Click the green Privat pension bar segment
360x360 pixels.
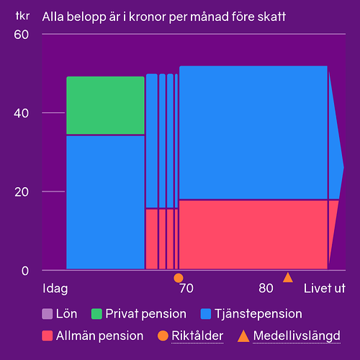coord(105,105)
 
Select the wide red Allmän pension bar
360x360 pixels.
coord(253,235)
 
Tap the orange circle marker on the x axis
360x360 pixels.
coord(179,278)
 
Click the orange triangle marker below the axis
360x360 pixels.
coord(288,277)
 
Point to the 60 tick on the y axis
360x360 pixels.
coord(22,35)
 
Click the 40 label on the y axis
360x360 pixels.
coord(22,113)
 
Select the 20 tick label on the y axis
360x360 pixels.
coord(22,192)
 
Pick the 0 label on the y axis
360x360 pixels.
coord(25,271)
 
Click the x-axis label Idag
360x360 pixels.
coord(55,289)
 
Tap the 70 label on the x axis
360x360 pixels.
coord(186,288)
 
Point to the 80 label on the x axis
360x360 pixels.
coord(266,288)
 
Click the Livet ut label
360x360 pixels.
coord(325,288)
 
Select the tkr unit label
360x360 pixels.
coord(22,16)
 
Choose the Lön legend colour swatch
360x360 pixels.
coord(48,314)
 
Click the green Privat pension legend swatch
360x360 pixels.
coord(96,314)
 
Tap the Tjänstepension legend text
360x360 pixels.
coord(258,314)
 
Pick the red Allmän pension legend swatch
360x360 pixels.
coord(48,336)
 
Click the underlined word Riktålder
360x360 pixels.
coord(197,336)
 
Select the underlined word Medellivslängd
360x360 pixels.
coord(297,336)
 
